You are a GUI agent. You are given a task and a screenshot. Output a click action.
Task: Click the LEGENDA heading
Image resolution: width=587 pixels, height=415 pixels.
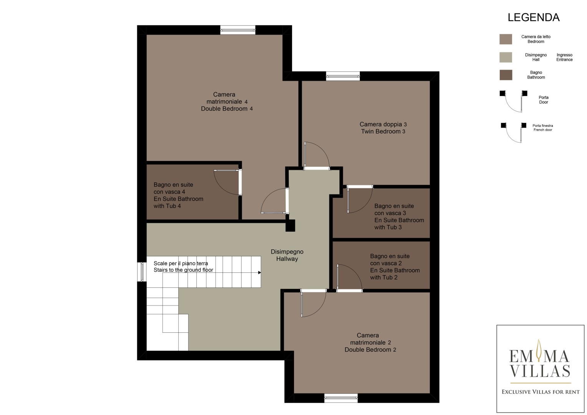tap(534, 18)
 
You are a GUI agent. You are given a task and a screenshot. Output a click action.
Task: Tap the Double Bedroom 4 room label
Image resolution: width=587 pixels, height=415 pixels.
tap(227, 101)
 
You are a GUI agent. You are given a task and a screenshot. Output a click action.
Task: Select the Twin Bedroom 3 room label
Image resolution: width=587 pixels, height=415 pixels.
tap(383, 128)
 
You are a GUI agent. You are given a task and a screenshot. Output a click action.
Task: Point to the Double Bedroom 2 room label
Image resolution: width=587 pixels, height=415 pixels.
tap(370, 342)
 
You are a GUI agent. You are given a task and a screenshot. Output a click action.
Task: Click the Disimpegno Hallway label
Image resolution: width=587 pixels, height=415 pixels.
tap(287, 255)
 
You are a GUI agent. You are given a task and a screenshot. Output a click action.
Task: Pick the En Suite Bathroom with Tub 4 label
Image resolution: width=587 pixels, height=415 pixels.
tap(178, 195)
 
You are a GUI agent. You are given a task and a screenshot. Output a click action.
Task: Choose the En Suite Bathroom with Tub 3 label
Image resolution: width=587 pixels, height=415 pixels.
tap(399, 216)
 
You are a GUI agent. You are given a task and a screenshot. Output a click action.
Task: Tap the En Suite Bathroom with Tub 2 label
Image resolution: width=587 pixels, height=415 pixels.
tap(395, 266)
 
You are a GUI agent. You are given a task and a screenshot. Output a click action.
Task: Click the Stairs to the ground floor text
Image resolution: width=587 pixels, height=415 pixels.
tap(183, 270)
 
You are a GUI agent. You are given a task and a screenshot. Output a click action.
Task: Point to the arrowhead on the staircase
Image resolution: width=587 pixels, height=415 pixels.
tap(259, 272)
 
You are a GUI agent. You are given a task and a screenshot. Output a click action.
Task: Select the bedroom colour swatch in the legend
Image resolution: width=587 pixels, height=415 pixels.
tap(506, 39)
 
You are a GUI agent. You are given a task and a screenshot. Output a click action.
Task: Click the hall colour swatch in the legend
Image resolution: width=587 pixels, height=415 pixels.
tap(506, 57)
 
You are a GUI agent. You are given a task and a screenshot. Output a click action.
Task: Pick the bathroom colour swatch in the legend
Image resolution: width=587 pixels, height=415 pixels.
tap(506, 75)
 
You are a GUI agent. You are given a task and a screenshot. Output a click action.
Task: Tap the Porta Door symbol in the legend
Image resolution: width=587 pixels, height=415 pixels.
tap(513, 101)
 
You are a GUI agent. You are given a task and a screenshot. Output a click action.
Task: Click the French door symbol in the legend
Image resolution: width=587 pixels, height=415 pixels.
tap(513, 133)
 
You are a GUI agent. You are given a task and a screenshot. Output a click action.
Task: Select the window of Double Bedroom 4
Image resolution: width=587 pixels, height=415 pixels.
tap(238, 30)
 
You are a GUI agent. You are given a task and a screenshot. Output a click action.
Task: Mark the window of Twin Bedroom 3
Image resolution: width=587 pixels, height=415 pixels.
tap(343, 76)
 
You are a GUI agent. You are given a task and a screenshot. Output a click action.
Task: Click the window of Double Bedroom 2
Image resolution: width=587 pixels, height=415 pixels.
tap(341, 398)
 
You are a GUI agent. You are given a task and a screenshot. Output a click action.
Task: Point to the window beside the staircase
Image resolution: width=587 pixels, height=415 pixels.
tap(142, 272)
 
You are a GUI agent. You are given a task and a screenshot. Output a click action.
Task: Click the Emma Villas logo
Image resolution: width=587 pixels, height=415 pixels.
tap(540, 369)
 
